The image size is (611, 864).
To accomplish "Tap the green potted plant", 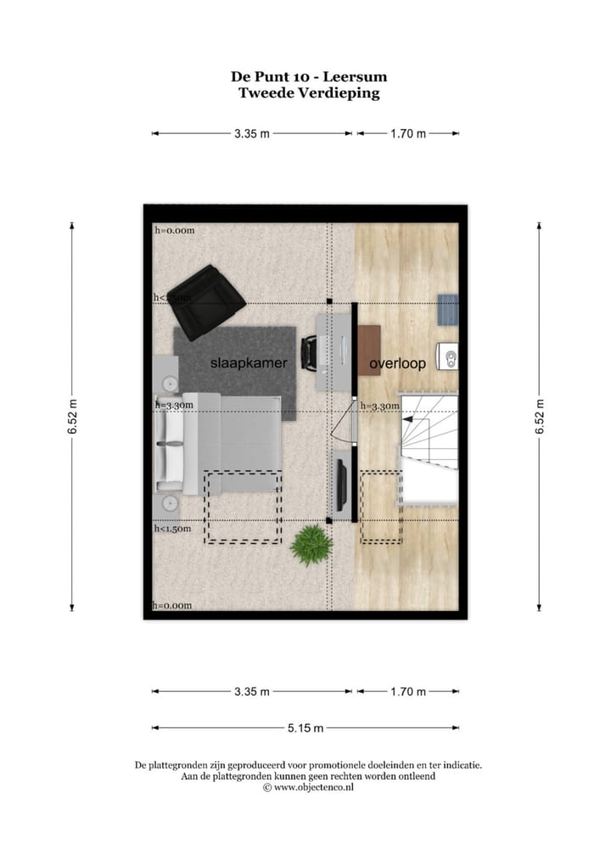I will [x=309, y=544].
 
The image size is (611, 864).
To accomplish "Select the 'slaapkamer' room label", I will [x=249, y=363].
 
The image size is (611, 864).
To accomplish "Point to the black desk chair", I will [x=311, y=351].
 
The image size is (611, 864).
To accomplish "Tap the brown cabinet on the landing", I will [x=368, y=350].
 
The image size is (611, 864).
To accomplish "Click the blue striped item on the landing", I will [x=447, y=309].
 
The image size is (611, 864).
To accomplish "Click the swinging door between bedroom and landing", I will [x=345, y=433].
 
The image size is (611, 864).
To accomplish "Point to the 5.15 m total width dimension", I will [x=305, y=728].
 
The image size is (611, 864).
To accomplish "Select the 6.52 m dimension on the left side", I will [x=72, y=416].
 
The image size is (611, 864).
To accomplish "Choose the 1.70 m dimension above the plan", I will [x=407, y=133].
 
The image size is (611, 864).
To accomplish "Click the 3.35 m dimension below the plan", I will [x=252, y=692].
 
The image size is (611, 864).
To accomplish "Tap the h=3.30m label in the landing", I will [x=379, y=407].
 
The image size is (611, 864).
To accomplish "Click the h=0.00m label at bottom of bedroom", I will [x=173, y=605].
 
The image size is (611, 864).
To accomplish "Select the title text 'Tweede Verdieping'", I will [x=309, y=93].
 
